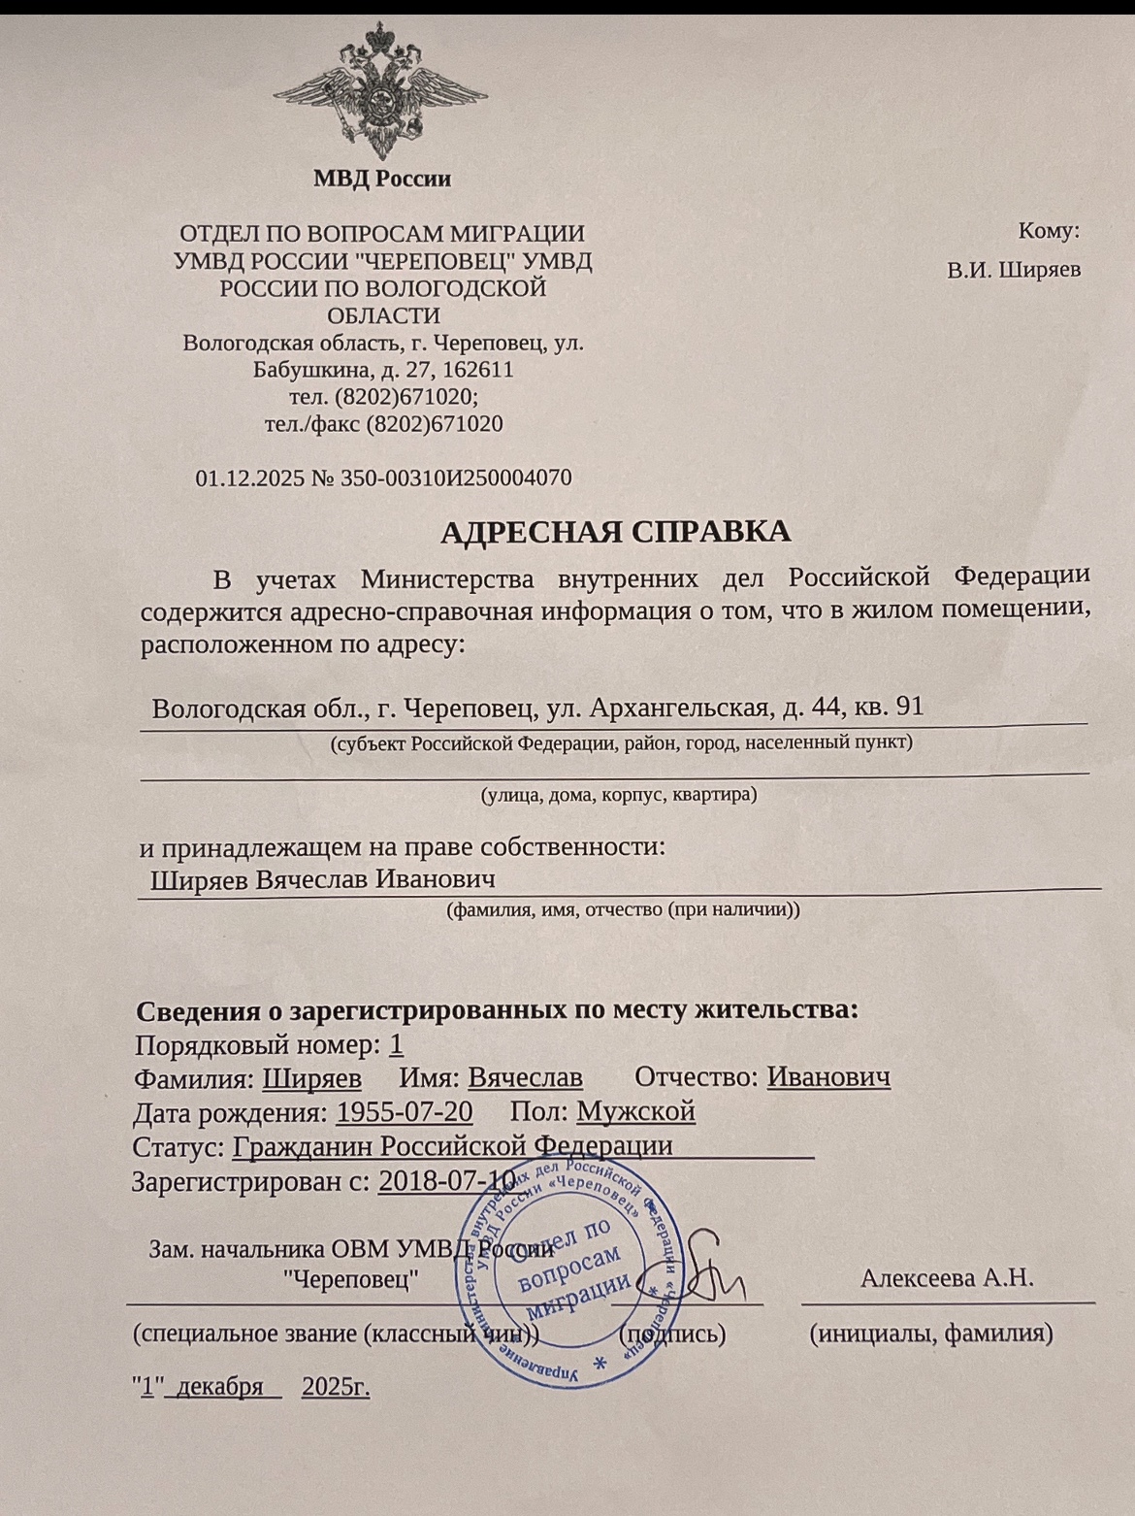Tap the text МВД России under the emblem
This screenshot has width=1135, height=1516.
click(382, 179)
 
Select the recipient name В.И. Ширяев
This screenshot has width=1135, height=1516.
click(1014, 270)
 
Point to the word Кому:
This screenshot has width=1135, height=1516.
click(1049, 231)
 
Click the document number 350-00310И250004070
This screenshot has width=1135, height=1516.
click(456, 478)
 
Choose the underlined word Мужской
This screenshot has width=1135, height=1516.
click(635, 1111)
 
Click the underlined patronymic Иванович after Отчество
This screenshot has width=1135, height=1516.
click(828, 1077)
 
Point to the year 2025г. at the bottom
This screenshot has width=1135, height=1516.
click(337, 1387)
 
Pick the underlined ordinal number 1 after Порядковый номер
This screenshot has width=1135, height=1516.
click(395, 1044)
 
